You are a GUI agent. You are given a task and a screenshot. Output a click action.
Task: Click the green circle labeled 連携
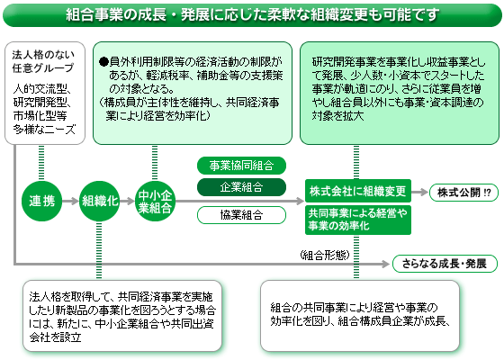coord(41,202)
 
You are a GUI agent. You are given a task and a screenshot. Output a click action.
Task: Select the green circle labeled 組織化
coord(99,202)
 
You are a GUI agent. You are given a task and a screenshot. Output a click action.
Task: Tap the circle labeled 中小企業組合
coord(155,202)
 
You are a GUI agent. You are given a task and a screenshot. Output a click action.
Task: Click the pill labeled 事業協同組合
coord(241,166)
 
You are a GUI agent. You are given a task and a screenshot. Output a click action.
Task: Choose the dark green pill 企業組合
coord(241,187)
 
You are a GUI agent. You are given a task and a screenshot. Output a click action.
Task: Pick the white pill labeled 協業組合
coord(241,215)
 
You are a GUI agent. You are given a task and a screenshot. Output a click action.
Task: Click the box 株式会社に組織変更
coord(358,191)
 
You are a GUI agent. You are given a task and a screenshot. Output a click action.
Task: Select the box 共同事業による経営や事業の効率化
coord(358,220)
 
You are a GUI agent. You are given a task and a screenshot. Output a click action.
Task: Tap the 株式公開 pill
coord(463,193)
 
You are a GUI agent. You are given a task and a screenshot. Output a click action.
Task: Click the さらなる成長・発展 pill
coord(445,264)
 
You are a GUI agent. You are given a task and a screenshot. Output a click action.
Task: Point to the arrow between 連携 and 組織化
coord(70,202)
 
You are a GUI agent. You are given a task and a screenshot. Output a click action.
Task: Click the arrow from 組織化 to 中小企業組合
coord(127,202)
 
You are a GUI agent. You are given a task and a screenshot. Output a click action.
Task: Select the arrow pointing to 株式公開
coord(420,193)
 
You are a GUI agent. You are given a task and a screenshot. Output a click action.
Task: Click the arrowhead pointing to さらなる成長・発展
coord(386,264)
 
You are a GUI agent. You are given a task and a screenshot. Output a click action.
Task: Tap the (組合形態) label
coord(325,256)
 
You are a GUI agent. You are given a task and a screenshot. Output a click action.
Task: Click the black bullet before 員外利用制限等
coord(103,61)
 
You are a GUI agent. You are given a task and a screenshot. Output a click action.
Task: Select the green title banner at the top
coord(252,14)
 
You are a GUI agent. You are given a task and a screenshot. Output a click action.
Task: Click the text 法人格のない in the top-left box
coord(43,55)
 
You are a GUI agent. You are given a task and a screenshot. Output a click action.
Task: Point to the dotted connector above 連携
coord(41,162)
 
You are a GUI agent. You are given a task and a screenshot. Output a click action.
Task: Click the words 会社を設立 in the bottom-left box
coord(55,337)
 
